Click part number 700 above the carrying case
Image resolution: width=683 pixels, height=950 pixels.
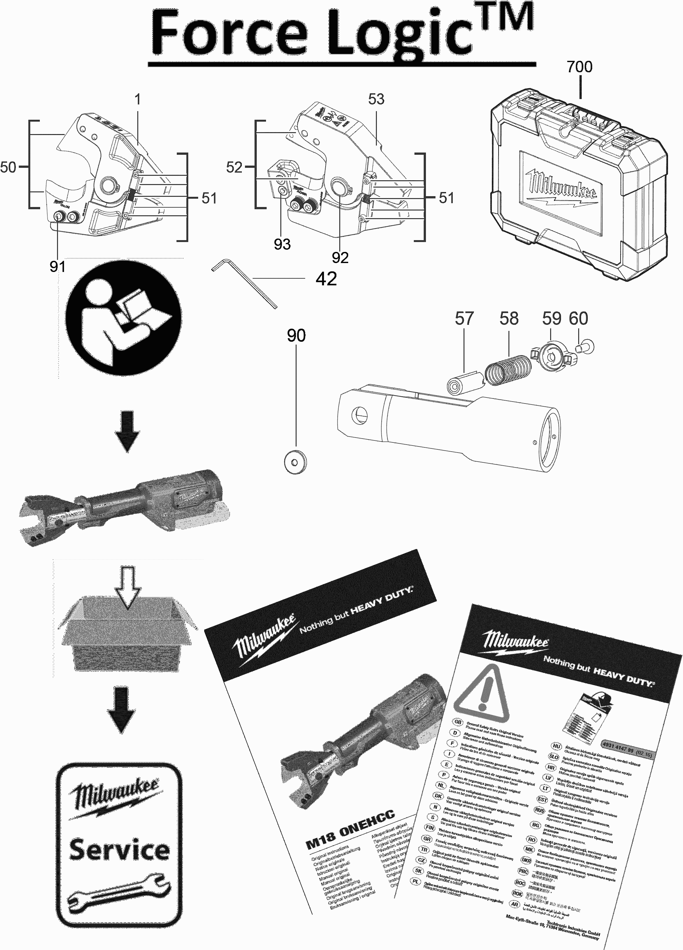(x=579, y=67)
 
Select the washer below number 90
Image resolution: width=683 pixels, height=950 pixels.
(x=295, y=462)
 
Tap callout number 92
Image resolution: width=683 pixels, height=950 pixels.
(x=340, y=258)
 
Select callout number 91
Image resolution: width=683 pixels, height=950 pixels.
(x=57, y=267)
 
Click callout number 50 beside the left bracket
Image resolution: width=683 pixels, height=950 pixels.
(x=8, y=168)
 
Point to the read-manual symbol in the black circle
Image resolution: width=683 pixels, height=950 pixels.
(x=124, y=318)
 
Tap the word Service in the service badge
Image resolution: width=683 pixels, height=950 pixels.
(x=119, y=850)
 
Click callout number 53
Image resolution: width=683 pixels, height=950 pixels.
(x=376, y=99)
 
